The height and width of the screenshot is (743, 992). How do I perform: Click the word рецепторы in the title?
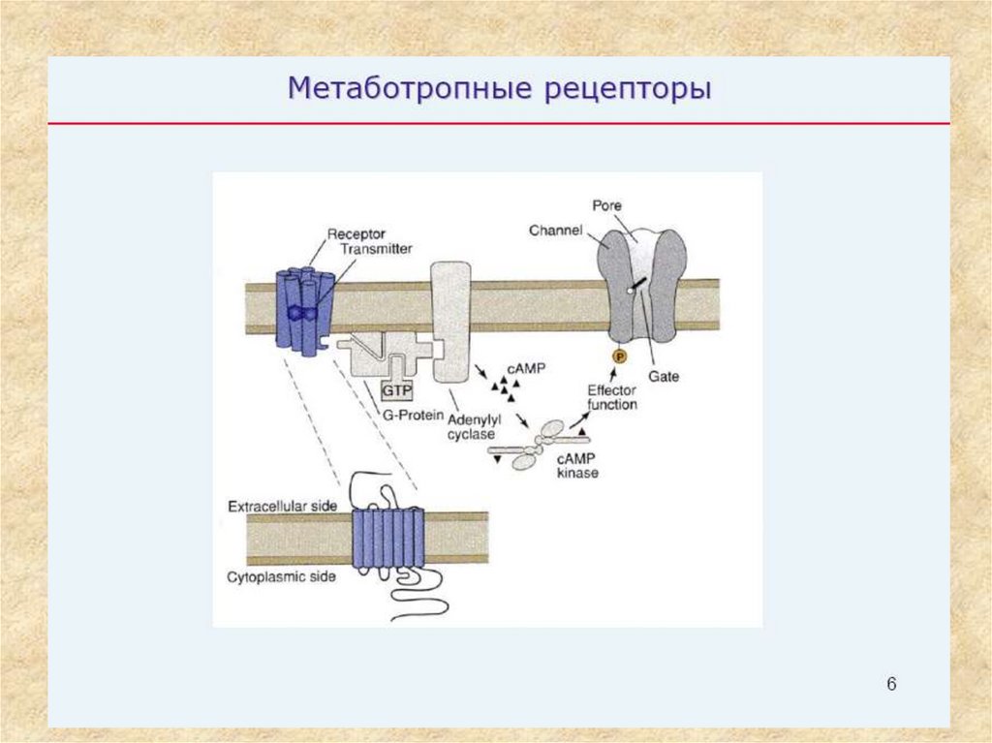click(620, 90)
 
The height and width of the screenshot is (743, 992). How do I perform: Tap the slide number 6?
click(891, 685)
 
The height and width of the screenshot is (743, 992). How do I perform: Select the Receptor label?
click(356, 233)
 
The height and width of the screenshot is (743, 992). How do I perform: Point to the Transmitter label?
click(377, 249)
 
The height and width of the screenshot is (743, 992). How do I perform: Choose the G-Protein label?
click(412, 416)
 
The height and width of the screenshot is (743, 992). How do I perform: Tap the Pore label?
click(606, 205)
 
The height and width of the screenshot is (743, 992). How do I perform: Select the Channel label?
click(555, 231)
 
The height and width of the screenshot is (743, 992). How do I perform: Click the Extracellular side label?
click(281, 507)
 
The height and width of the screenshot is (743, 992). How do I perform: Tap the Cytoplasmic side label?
click(282, 577)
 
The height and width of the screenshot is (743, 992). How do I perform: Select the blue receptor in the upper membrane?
click(304, 308)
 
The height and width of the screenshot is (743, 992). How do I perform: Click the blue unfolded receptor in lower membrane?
click(387, 540)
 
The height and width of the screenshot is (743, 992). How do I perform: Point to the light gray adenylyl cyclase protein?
click(450, 320)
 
